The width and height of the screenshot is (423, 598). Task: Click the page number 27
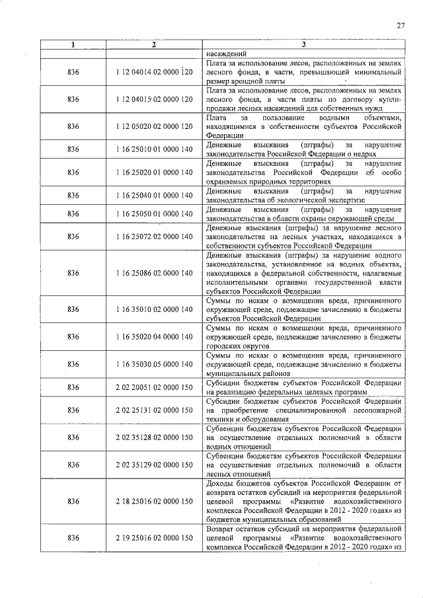(400, 26)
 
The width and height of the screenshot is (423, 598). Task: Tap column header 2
(153, 45)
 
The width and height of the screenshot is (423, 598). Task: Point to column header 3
(303, 45)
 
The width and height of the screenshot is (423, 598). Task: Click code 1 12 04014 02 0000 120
(153, 71)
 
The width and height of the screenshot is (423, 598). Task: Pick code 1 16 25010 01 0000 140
(153, 149)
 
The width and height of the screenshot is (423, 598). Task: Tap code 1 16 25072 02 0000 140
(153, 237)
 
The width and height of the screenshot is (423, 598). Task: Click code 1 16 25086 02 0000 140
(153, 272)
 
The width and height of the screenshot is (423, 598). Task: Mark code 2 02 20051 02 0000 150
(153, 387)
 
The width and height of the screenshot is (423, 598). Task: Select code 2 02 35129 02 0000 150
(153, 465)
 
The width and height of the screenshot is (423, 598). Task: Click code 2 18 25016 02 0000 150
(153, 502)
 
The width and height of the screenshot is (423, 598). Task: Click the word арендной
(249, 81)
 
